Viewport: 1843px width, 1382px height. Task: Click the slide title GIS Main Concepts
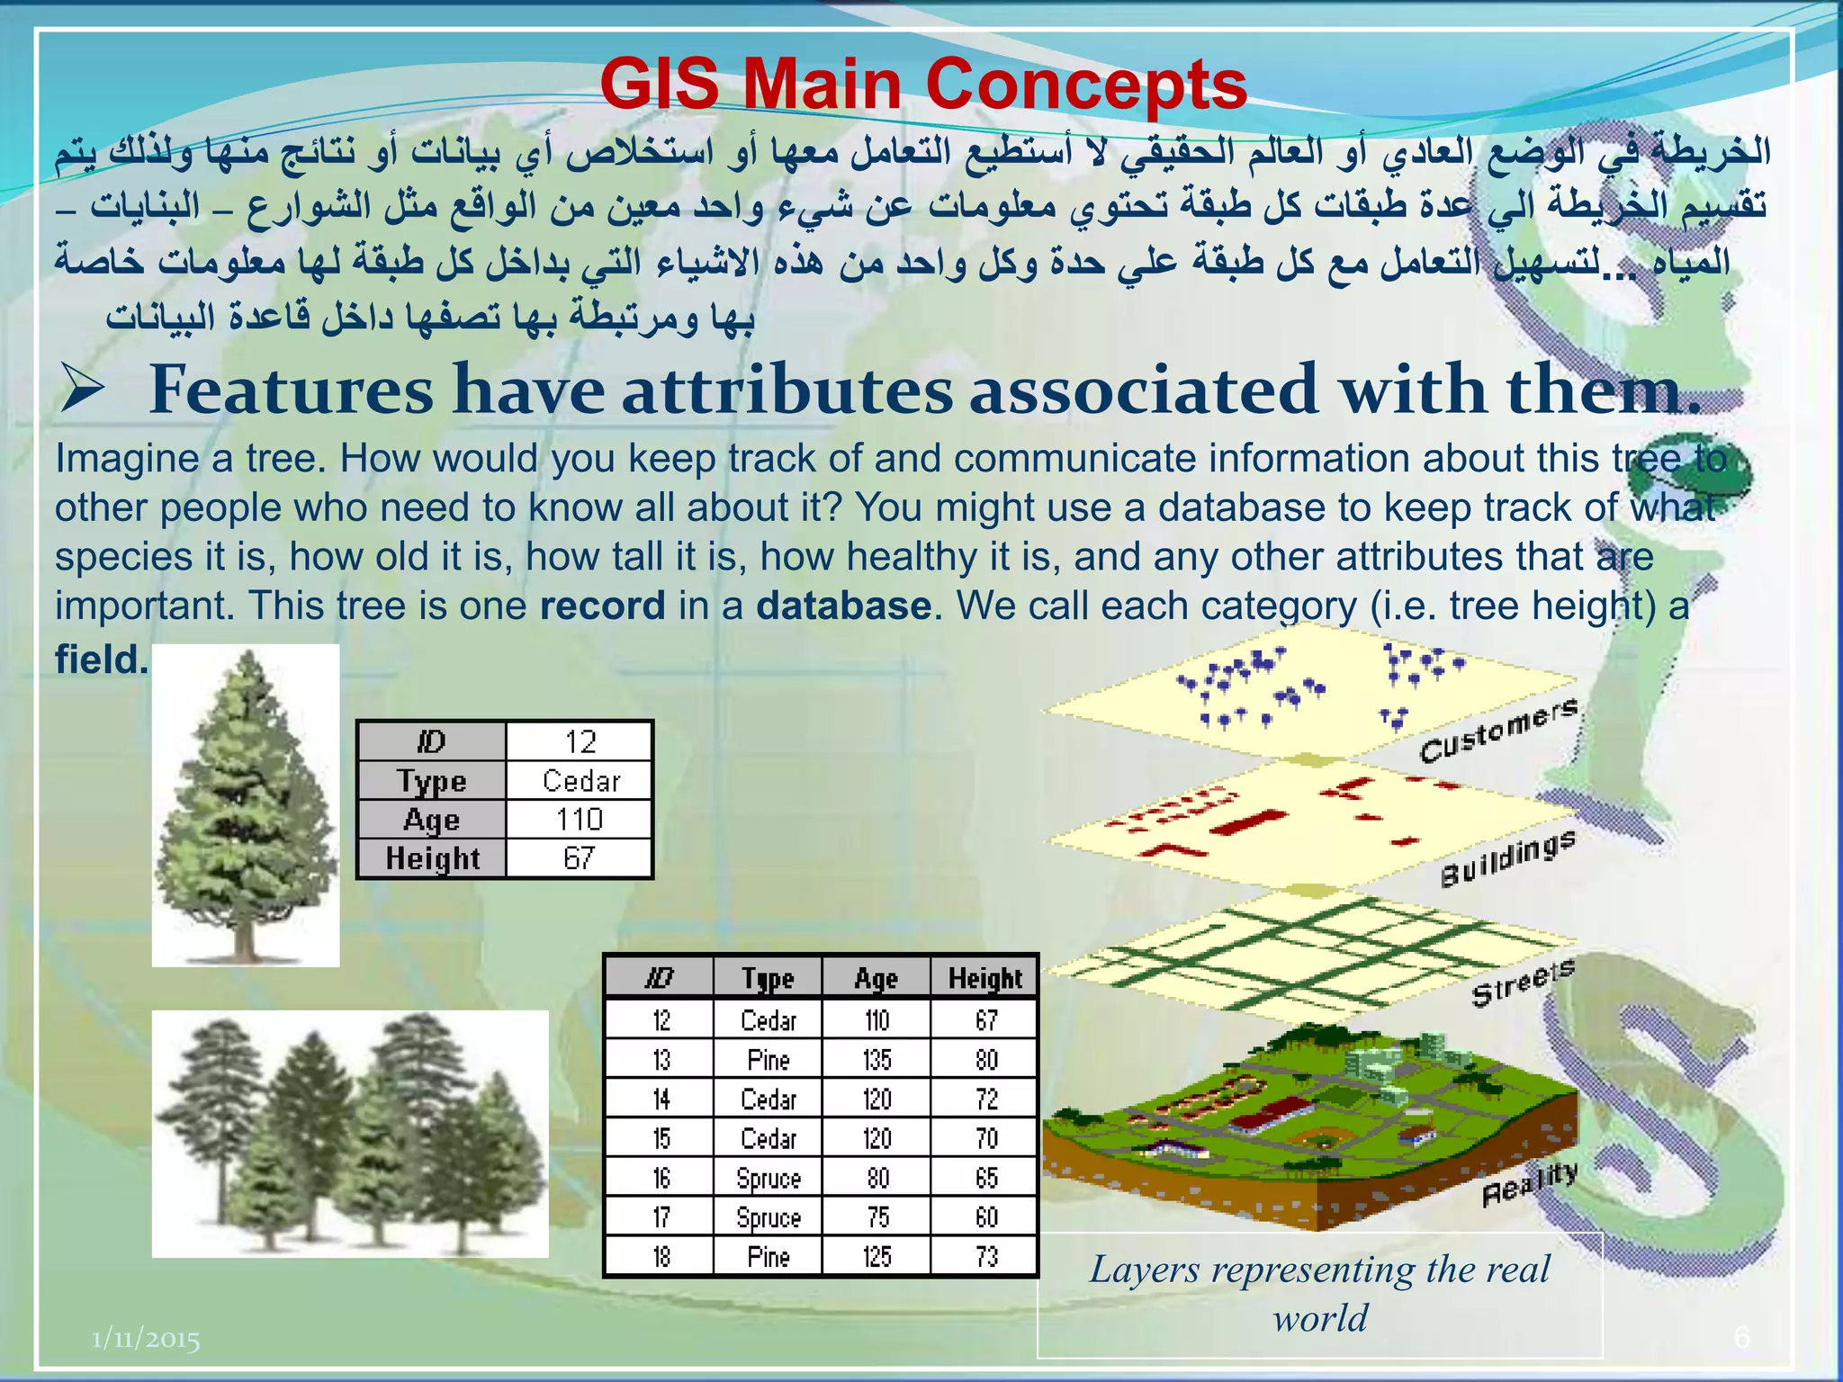tap(922, 84)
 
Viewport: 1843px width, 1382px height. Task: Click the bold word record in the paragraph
tap(602, 606)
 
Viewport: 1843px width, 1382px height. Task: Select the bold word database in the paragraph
tap(843, 606)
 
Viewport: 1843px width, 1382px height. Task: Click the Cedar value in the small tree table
tap(580, 781)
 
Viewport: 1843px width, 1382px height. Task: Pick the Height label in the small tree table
tap(433, 858)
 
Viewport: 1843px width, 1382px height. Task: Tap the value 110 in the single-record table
tap(579, 820)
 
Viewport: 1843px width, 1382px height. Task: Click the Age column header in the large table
tap(876, 978)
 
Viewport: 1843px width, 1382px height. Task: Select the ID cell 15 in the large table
tap(661, 1139)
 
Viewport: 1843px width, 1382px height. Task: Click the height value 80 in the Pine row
tap(986, 1060)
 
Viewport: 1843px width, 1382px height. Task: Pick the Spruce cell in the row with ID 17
tap(768, 1217)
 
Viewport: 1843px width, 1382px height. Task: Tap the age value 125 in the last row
tap(876, 1257)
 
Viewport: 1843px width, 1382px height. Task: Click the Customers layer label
tap(1498, 731)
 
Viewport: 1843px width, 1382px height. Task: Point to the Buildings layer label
tap(1507, 859)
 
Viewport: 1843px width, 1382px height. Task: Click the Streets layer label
tap(1523, 983)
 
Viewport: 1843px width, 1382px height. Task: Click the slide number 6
tap(1741, 1338)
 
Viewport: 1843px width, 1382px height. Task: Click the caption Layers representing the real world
tap(1319, 1294)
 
